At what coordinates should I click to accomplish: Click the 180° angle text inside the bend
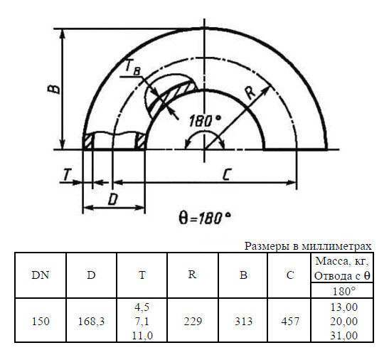(x=205, y=120)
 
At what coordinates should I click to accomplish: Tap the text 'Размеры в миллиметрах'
(x=308, y=246)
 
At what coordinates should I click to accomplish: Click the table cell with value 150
(x=41, y=322)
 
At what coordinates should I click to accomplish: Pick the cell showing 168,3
(x=91, y=322)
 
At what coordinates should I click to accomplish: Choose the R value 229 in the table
(x=192, y=322)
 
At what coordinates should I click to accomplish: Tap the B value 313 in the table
(x=243, y=322)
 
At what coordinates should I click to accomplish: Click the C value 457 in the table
(x=289, y=322)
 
